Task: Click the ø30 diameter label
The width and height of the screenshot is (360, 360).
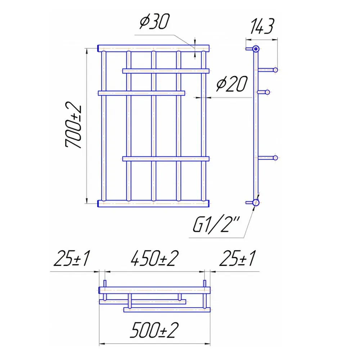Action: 154,21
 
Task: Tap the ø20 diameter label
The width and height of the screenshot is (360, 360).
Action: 232,84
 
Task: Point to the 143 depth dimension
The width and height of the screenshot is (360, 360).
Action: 262,26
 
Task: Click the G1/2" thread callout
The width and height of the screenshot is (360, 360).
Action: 216,224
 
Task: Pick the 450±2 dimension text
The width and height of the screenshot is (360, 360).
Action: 154,258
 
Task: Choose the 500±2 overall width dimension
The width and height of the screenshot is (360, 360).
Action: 154,330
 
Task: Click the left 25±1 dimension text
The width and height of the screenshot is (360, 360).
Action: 72,258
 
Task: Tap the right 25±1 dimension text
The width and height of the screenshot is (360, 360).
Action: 237,258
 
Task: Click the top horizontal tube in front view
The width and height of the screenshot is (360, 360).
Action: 154,49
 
